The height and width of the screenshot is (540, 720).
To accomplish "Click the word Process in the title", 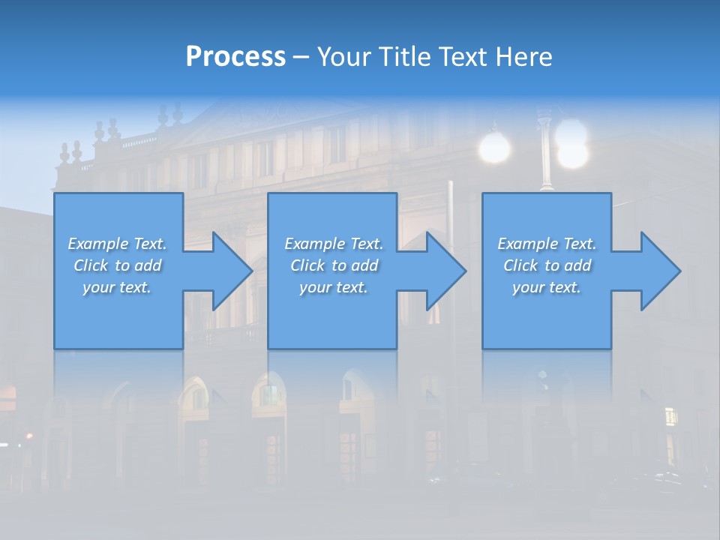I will coord(235,56).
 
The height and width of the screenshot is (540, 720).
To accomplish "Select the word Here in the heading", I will coord(524,56).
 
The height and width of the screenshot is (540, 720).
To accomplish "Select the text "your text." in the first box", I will coord(117,287).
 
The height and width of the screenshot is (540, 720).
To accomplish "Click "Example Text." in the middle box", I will coord(334,244).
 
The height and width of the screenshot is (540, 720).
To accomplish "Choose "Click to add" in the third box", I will coord(547,265).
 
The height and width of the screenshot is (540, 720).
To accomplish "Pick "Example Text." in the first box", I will coord(117,244).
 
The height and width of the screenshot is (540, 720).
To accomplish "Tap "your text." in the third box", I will coord(547,287).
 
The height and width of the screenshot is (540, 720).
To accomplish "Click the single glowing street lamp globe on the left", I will coord(494,147).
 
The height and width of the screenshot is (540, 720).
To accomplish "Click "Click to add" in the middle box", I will coord(334,265).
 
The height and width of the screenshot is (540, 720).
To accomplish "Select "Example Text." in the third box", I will coord(547,244).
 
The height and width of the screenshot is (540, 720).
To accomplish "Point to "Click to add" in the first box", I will coord(117,265).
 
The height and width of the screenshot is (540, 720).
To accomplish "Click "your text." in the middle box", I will coord(334,287).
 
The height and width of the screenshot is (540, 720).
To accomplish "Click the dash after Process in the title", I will coord(301,57).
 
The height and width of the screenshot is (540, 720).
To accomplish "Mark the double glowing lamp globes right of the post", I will coord(573,142).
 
